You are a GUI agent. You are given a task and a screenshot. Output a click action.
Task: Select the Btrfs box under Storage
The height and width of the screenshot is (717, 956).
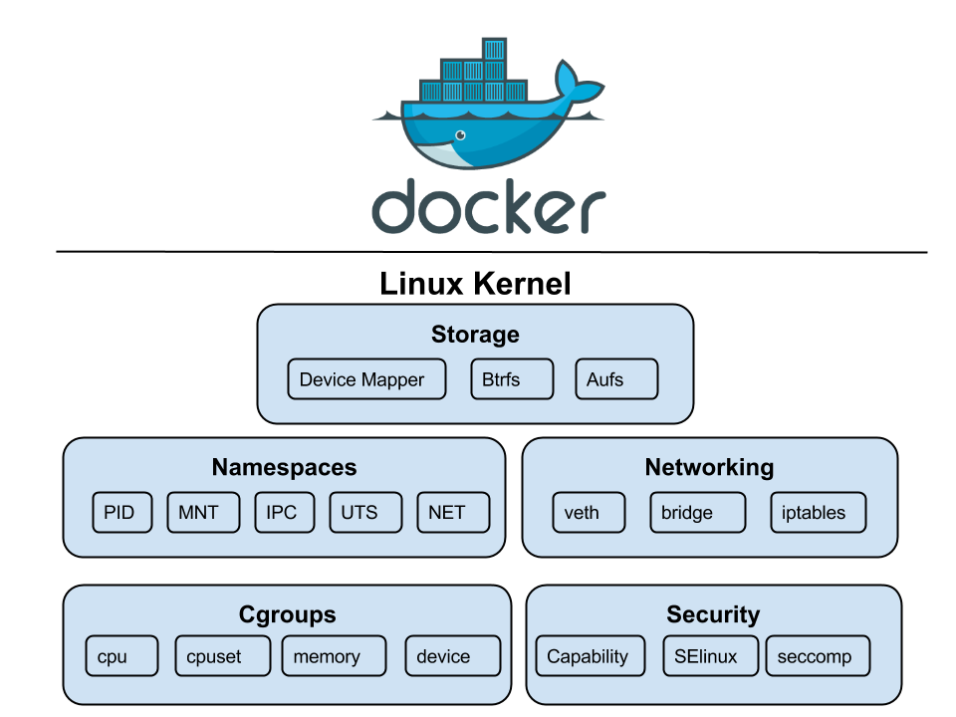[x=512, y=379]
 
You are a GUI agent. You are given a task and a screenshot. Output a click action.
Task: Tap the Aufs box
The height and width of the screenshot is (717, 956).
[x=616, y=379]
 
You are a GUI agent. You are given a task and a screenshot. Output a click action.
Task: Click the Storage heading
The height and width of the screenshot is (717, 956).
[x=475, y=335]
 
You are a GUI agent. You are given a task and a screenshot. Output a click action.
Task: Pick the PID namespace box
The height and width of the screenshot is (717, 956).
[x=121, y=513]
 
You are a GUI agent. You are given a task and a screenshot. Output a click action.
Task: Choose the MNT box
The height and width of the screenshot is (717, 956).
[x=203, y=513]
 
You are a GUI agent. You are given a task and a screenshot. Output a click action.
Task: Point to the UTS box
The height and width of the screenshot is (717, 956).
[x=365, y=513]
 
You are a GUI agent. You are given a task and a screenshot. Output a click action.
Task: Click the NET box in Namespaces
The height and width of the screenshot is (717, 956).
[x=453, y=513]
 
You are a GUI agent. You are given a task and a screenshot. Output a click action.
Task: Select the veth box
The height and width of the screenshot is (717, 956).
[x=589, y=513]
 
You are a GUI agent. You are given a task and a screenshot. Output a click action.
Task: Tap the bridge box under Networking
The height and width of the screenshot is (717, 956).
[x=697, y=513]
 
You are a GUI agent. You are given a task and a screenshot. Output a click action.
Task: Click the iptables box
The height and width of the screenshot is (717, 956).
[x=818, y=513]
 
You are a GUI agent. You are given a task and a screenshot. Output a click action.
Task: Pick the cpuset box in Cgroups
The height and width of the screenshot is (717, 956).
[x=222, y=656]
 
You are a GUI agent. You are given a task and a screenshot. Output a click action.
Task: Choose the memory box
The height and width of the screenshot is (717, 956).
[x=334, y=656]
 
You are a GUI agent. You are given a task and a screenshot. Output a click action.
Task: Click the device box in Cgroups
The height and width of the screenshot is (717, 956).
[x=452, y=656]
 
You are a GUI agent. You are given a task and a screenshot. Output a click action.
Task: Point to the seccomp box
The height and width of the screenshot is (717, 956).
[x=818, y=656]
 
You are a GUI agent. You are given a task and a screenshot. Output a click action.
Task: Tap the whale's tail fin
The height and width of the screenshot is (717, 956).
[x=576, y=86]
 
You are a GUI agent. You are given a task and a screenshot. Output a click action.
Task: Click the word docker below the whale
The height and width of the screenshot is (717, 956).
[x=488, y=207]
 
